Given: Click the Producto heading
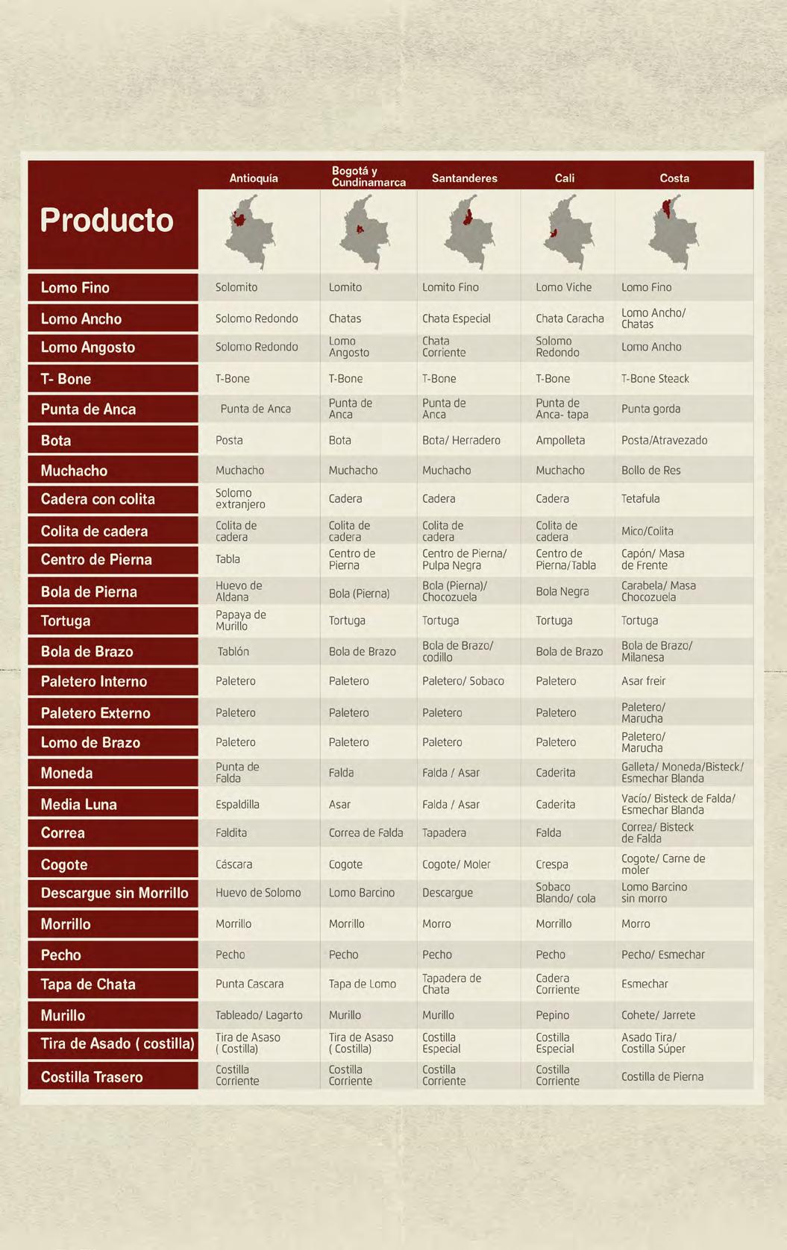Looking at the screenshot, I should pyautogui.click(x=107, y=220).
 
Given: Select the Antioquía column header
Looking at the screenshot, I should pyautogui.click(x=254, y=178).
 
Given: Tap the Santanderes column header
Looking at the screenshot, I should pyautogui.click(x=464, y=178).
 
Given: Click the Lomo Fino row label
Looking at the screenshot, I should pyautogui.click(x=75, y=288).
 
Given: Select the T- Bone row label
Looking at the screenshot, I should pyautogui.click(x=66, y=379).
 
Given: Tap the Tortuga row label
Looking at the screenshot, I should pyautogui.click(x=66, y=621).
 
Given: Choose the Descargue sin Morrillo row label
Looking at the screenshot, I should pyautogui.click(x=114, y=893).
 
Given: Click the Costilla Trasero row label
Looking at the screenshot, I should pyautogui.click(x=92, y=1077).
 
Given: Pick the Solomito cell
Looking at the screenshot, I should pyautogui.click(x=236, y=287).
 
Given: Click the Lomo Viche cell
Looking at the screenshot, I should pyautogui.click(x=563, y=287).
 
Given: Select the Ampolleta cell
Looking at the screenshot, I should pyautogui.click(x=560, y=440).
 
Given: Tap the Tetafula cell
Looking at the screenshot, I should pyautogui.click(x=640, y=498).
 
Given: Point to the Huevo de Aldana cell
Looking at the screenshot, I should pyautogui.click(x=239, y=591).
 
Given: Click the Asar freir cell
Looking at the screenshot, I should pyautogui.click(x=643, y=681).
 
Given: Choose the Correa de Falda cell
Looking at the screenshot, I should pyautogui.click(x=366, y=833).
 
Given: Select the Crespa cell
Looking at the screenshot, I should pyautogui.click(x=552, y=864).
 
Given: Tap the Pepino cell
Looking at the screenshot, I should pyautogui.click(x=552, y=1015).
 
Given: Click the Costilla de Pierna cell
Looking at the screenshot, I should pyautogui.click(x=662, y=1076).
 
